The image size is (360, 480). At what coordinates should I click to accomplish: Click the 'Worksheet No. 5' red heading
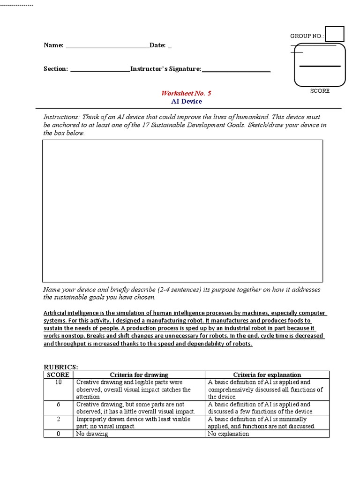[187, 93]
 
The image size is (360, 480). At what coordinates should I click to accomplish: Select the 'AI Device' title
[187, 101]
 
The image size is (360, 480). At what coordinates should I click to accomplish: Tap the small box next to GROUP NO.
[335, 34]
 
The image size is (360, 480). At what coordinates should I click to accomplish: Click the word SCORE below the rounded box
[320, 91]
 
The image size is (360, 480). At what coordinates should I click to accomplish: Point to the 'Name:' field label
[53, 45]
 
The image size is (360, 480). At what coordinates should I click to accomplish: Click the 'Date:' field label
[157, 45]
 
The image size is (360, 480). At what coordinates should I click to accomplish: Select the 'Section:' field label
[56, 69]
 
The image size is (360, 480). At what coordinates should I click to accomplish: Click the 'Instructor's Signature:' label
[166, 69]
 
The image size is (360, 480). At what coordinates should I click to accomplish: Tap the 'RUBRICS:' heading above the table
[61, 367]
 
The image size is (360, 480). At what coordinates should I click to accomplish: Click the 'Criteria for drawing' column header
[139, 375]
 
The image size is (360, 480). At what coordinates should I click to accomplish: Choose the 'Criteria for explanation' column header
[267, 375]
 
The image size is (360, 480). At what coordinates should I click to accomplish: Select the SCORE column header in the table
[58, 375]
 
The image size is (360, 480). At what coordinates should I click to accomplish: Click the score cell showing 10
[58, 382]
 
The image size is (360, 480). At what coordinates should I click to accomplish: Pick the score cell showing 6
[58, 404]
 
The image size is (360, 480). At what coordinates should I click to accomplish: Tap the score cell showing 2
[58, 419]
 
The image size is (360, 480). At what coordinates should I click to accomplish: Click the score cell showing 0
[58, 434]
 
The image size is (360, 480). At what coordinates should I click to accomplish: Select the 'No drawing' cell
[92, 434]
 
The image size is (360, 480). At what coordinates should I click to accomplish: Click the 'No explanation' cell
[228, 434]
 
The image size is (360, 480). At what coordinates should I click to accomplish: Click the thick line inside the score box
[320, 67]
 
